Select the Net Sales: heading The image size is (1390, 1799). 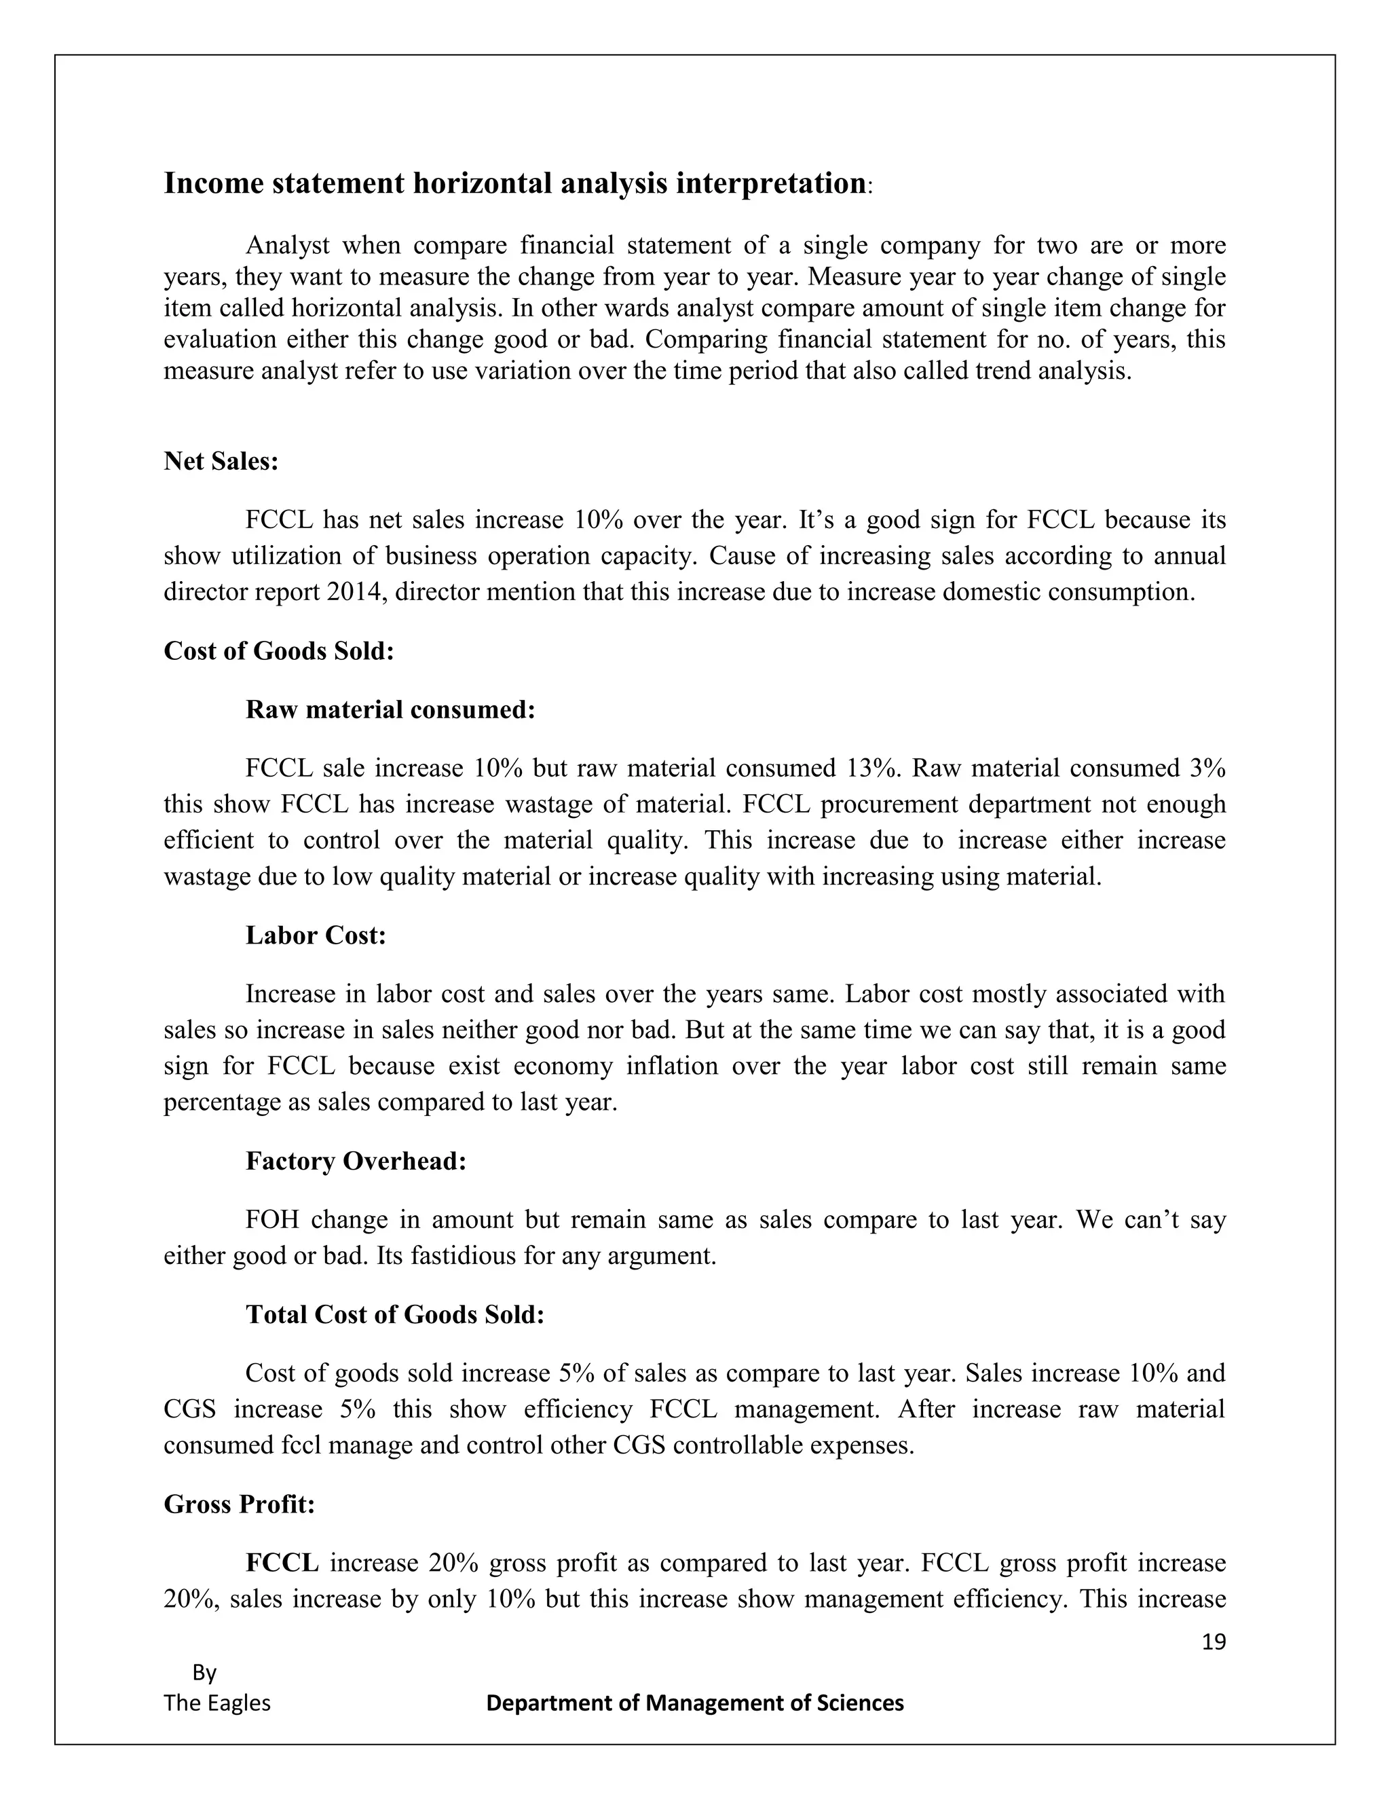pyautogui.click(x=221, y=461)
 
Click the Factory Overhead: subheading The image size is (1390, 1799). pyautogui.click(x=356, y=1161)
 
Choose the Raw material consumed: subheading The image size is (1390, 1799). pyautogui.click(x=390, y=709)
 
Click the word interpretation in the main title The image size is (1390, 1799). pyautogui.click(x=770, y=183)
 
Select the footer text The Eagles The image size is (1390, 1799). pyautogui.click(x=217, y=1703)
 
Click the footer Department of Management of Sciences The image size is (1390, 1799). pyautogui.click(x=695, y=1703)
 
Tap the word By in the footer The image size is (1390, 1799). pyautogui.click(x=204, y=1673)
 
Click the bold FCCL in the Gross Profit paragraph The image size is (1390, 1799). pyautogui.click(x=282, y=1563)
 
